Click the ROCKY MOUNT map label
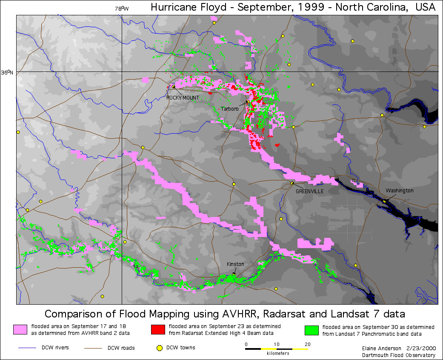pyautogui.click(x=183, y=98)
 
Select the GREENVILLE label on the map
pyautogui.click(x=309, y=191)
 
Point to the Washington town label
pyautogui.click(x=399, y=191)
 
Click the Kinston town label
pyautogui.click(x=235, y=264)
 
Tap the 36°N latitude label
pyautogui.click(x=7, y=73)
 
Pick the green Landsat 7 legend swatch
pyautogui.click(x=312, y=330)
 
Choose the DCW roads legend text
pyautogui.click(x=121, y=348)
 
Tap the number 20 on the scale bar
pyautogui.click(x=307, y=344)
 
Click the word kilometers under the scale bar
pyautogui.click(x=278, y=354)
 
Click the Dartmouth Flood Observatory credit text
pyautogui.click(x=399, y=355)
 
